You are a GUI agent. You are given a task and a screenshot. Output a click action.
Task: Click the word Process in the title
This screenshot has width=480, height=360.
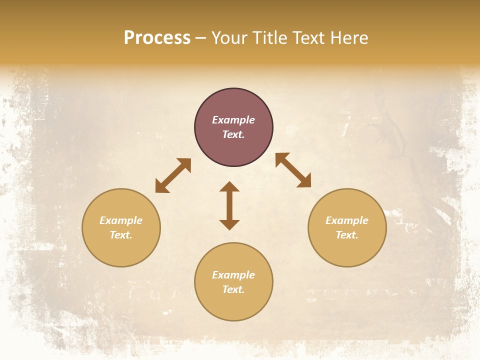(x=157, y=38)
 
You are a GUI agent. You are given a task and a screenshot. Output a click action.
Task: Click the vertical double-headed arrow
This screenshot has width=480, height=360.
(x=229, y=205)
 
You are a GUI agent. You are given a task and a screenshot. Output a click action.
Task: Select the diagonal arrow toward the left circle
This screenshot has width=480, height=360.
(x=173, y=175)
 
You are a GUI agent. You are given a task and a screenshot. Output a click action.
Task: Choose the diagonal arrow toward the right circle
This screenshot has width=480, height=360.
(x=293, y=170)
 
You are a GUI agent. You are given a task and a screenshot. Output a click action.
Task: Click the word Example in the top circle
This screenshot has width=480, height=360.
(x=233, y=120)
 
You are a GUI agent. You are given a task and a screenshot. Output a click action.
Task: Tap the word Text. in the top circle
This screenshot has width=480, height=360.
(x=233, y=134)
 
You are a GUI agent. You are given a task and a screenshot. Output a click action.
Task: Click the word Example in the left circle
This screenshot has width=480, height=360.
(x=121, y=220)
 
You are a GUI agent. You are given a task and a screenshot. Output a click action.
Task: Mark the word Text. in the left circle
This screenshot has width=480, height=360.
(x=121, y=235)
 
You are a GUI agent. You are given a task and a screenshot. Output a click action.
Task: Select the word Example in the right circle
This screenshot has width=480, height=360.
(x=347, y=220)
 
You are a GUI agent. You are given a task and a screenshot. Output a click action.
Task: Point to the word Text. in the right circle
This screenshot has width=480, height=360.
(x=347, y=235)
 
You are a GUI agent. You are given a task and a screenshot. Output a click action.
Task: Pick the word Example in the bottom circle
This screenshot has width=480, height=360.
(x=233, y=275)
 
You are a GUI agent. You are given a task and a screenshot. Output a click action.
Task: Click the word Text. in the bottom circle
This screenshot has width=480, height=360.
(x=233, y=289)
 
